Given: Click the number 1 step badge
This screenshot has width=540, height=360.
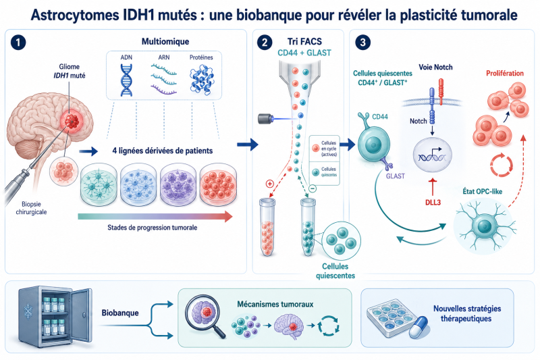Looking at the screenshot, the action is (x=18, y=43).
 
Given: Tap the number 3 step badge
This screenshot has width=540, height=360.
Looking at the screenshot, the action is (x=363, y=43).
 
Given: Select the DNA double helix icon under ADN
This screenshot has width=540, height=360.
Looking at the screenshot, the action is (x=126, y=80).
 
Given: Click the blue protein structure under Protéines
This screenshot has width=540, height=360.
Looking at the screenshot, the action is (x=201, y=80).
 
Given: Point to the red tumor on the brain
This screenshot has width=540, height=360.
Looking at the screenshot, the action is (x=72, y=121).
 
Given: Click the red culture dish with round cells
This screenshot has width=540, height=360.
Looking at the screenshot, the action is (x=218, y=184).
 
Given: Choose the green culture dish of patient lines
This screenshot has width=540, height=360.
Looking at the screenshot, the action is (x=99, y=184).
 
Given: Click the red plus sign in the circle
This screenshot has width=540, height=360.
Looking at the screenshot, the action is (x=269, y=184).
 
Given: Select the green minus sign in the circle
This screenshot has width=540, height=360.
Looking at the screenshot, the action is (x=313, y=188).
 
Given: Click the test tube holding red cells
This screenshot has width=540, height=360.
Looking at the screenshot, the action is (x=267, y=228).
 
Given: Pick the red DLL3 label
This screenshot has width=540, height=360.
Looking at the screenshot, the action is (x=433, y=202).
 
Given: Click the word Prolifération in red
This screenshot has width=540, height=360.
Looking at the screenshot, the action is (x=504, y=73).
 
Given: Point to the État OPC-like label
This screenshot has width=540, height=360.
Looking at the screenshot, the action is (x=482, y=192).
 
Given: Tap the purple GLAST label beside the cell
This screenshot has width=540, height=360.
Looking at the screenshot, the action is (x=395, y=176).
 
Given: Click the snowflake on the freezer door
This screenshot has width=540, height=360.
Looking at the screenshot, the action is (x=28, y=311).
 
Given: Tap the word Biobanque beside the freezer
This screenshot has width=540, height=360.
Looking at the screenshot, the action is (x=120, y=313).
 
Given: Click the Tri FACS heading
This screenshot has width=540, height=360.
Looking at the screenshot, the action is (x=304, y=42).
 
